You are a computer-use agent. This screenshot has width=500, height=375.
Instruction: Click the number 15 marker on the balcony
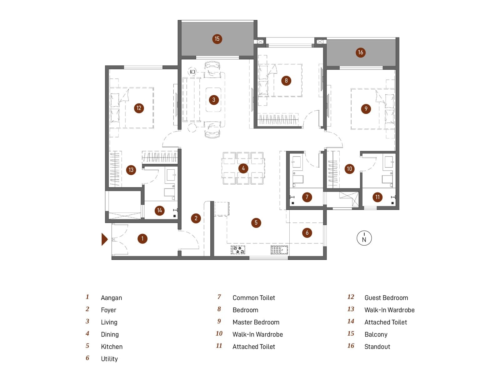tap(217, 39)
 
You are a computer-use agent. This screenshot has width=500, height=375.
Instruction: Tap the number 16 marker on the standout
tap(360, 52)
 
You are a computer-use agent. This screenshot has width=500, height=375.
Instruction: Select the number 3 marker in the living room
tap(214, 100)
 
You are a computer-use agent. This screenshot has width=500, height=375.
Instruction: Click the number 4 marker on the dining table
tap(243, 168)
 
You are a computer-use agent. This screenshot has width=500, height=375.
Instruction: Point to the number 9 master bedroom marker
tap(366, 109)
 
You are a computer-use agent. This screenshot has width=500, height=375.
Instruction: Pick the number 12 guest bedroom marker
tap(139, 108)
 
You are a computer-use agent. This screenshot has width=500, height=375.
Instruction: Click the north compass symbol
tap(364, 238)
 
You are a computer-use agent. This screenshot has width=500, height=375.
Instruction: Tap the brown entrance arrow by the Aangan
tap(104, 239)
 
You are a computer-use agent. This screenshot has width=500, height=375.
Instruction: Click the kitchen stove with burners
tap(238, 250)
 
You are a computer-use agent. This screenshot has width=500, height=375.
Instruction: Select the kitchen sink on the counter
tap(279, 250)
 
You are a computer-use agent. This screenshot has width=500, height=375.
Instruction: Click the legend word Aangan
tap(111, 298)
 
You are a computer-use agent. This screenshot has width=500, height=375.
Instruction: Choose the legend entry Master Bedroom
tap(256, 322)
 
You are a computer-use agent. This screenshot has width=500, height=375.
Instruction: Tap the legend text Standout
tap(377, 347)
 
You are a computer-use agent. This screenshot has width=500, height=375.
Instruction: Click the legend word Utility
tap(109, 359)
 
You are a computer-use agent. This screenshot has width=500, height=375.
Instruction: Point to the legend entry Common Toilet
tap(253, 298)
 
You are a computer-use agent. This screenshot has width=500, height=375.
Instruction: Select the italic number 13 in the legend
tap(351, 309)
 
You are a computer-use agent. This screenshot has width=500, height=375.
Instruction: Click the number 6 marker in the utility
tap(307, 232)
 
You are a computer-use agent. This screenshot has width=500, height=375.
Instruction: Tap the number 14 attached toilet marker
tap(159, 210)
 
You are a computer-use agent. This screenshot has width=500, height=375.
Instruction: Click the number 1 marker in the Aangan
tap(142, 239)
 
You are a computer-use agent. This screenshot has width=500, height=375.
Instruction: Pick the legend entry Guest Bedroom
tap(386, 298)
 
